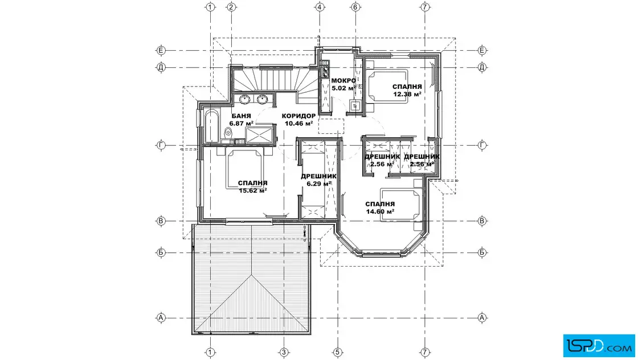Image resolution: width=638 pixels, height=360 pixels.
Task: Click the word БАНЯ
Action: click(x=242, y=116)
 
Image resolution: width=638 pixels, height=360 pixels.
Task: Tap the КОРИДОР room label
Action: click(x=298, y=116)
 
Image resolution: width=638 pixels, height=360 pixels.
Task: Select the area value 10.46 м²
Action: click(x=298, y=123)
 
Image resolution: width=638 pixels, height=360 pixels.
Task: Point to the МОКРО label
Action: click(x=343, y=80)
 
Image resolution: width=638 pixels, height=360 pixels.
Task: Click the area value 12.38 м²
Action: click(x=407, y=94)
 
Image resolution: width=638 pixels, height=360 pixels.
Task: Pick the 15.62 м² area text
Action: click(x=253, y=190)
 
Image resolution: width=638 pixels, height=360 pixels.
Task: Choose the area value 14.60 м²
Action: click(x=380, y=211)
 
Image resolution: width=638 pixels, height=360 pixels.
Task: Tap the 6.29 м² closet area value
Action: click(x=318, y=183)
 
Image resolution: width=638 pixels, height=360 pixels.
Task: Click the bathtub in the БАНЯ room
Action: click(x=211, y=126)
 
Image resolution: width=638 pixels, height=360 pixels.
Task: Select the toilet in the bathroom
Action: click(x=228, y=132)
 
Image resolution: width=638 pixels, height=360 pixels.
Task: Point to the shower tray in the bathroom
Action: click(x=259, y=135)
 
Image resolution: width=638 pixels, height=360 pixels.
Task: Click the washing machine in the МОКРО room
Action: click(x=355, y=105)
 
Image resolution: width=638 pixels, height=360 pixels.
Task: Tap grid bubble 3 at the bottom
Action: click(x=284, y=352)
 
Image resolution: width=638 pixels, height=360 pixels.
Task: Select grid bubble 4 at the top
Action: click(x=320, y=7)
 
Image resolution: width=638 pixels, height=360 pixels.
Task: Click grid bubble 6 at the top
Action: click(x=355, y=7)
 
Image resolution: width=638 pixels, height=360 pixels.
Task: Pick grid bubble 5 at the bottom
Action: click(x=337, y=352)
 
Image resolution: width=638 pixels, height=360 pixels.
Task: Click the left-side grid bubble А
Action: click(x=161, y=318)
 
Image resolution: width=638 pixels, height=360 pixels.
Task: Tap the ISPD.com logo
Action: click(x=599, y=346)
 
